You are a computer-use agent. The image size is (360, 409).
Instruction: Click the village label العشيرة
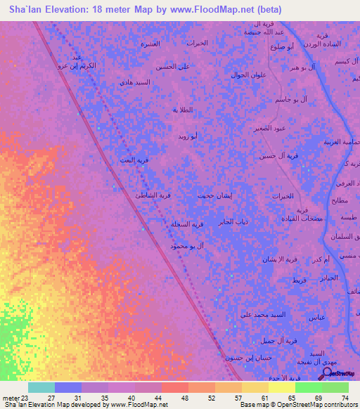coord(150,44)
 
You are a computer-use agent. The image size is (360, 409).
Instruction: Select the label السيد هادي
coord(135,82)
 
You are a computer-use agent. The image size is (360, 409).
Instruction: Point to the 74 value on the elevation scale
coord(345,398)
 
